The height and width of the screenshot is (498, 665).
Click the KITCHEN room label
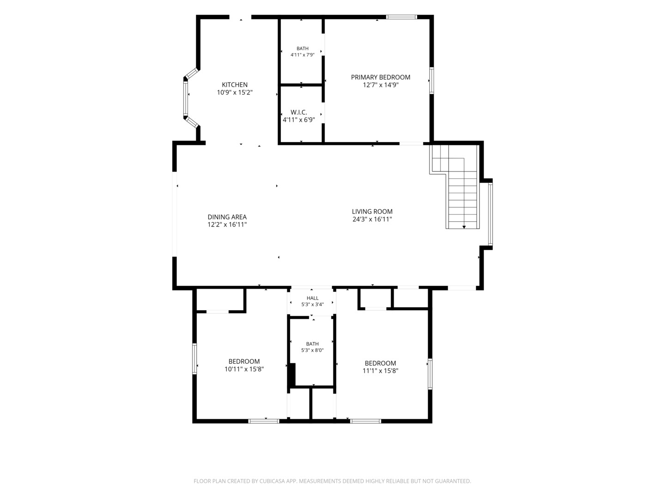(x=235, y=85)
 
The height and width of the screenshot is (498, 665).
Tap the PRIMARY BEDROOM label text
(x=381, y=77)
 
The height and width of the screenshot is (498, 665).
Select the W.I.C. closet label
(x=299, y=112)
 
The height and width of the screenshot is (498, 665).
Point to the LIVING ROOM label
(x=372, y=212)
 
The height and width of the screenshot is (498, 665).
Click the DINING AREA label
(x=227, y=217)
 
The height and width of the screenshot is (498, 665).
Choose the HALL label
(x=312, y=298)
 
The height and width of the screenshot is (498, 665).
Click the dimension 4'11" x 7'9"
(x=302, y=55)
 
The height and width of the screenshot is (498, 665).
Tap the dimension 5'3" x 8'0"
(x=312, y=350)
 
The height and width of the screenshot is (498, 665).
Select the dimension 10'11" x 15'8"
(x=244, y=369)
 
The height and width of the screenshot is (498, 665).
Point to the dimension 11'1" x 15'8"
(x=380, y=371)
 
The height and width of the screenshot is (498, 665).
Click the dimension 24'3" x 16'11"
(x=372, y=219)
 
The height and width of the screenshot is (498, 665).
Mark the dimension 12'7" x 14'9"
(x=381, y=85)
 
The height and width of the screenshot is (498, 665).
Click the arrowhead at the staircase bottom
(x=464, y=227)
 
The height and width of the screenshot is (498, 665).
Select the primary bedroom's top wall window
(x=402, y=17)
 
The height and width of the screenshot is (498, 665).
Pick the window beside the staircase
(x=490, y=214)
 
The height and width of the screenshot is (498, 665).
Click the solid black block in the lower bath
(x=292, y=375)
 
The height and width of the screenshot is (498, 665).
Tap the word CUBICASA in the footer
(x=272, y=481)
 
